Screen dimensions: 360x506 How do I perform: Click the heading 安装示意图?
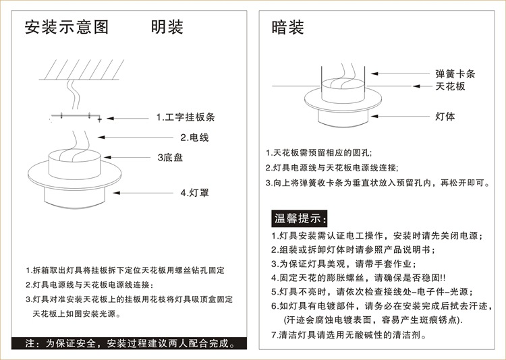tap(66, 28)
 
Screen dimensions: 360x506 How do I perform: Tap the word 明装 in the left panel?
tap(167, 28)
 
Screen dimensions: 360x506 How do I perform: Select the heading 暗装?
tap(287, 28)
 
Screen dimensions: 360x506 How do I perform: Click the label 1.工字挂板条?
tap(186, 117)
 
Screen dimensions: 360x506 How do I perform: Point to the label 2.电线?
tap(194, 138)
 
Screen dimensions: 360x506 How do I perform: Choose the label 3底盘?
tap(170, 158)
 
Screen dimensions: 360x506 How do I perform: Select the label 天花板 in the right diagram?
tap(450, 86)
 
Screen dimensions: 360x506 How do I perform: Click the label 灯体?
tap(445, 116)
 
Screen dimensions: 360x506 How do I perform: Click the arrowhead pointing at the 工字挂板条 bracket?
tap(102, 117)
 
